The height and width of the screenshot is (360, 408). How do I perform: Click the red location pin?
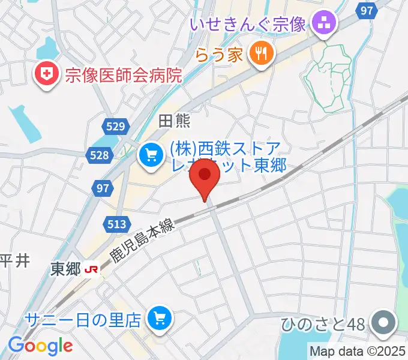pyautogui.click(x=205, y=176)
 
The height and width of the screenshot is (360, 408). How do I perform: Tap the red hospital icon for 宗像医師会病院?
pyautogui.click(x=44, y=74)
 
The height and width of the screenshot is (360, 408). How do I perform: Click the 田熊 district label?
pyautogui.click(x=174, y=121)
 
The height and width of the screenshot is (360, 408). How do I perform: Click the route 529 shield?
pyautogui.click(x=114, y=126)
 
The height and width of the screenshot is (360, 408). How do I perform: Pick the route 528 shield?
pyautogui.click(x=100, y=155)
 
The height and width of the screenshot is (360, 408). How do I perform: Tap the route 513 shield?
pyautogui.click(x=117, y=224)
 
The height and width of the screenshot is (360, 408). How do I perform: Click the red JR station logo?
pyautogui.click(x=92, y=269)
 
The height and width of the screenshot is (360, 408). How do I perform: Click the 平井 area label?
pyautogui.click(x=14, y=260)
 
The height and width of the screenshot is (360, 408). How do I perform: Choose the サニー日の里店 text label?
pyautogui.click(x=83, y=320)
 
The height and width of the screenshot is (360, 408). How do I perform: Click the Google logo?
pyautogui.click(x=40, y=346)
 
